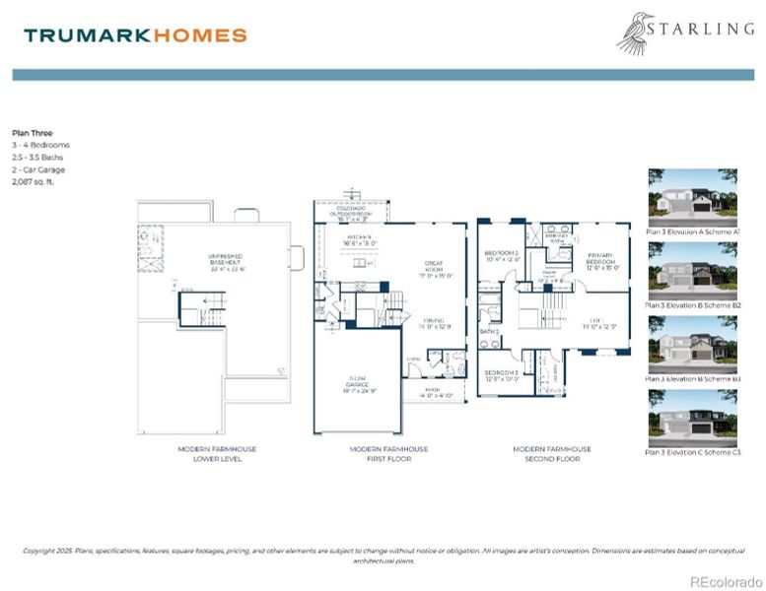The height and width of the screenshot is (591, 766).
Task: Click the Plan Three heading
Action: pos(33,132)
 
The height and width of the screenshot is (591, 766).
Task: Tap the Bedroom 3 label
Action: pos(502,374)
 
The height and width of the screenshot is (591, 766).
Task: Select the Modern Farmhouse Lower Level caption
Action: pos(217,453)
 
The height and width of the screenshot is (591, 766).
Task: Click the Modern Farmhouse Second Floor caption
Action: pos(552,453)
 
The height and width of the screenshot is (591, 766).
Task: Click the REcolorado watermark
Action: pos(724,580)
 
